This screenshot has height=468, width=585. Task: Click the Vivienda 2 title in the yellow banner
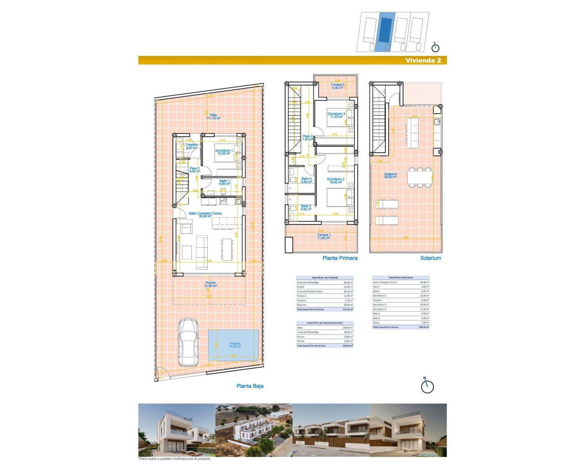point(423,60)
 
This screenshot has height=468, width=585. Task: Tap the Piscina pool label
point(235,345)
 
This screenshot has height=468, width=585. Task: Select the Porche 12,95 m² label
point(210,284)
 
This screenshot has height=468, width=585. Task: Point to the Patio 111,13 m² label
point(213,117)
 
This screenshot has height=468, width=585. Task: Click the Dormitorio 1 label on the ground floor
point(224,152)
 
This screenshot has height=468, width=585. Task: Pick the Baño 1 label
point(224,182)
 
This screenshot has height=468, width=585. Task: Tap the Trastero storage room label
point(191,146)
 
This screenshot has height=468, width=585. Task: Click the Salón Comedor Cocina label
point(205,215)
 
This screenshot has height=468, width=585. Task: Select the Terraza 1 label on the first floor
point(324,236)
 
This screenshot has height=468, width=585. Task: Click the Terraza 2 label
point(337,86)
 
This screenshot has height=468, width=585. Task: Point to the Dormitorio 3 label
point(336,115)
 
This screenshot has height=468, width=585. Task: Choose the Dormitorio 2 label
point(336,181)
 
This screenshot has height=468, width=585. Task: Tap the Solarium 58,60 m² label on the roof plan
point(390,175)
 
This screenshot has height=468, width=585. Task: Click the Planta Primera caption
point(340,258)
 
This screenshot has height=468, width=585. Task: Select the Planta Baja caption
point(250,386)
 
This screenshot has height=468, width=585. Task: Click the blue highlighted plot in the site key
point(384,31)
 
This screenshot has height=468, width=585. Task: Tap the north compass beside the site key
point(435,47)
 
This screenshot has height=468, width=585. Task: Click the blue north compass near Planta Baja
point(427,386)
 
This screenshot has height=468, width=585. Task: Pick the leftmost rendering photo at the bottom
point(176,430)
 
